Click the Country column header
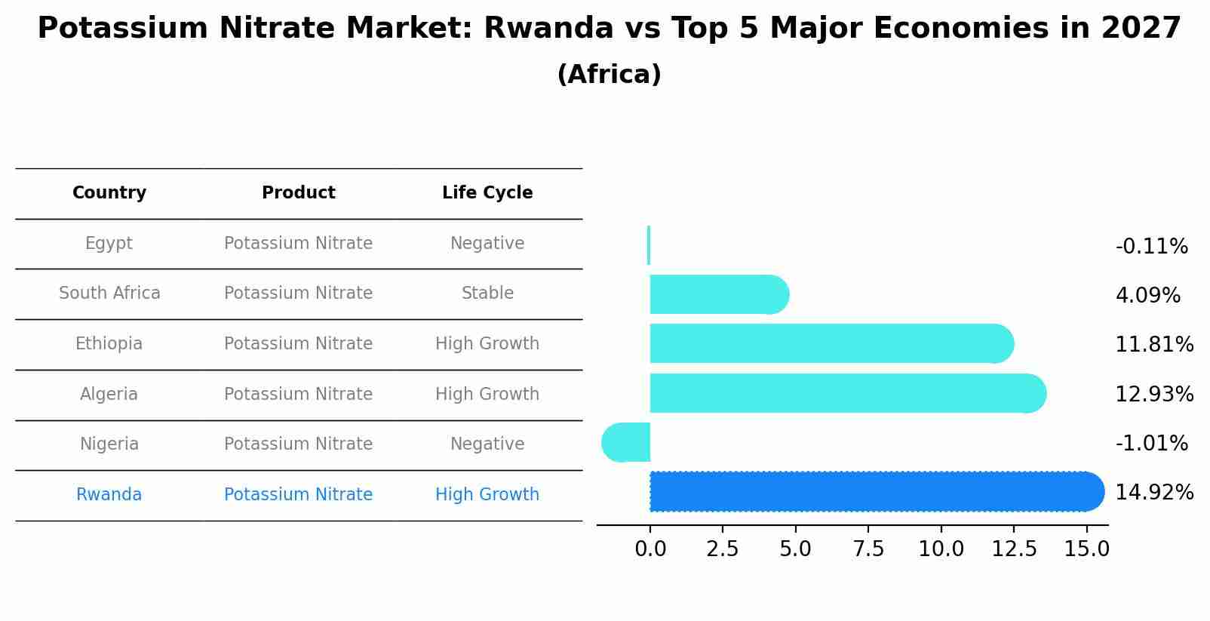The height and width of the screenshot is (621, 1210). (109, 193)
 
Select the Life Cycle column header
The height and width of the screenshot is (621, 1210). (487, 193)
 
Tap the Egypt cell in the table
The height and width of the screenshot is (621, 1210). (109, 244)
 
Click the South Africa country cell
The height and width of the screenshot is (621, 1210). (109, 294)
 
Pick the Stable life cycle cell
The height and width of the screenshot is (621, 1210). (487, 294)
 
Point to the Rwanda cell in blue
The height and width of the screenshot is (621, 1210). (109, 495)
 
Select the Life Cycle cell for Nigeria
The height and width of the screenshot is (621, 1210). (487, 444)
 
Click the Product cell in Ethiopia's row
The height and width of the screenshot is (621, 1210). (298, 344)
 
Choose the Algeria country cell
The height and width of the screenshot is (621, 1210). (109, 395)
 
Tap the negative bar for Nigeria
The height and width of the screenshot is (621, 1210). (627, 443)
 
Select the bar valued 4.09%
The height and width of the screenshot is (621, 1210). (717, 295)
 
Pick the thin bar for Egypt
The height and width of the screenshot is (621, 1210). (649, 246)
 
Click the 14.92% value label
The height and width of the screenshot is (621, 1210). (1154, 493)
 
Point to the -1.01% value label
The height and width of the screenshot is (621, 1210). (1151, 444)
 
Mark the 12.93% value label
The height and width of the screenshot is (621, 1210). (1154, 395)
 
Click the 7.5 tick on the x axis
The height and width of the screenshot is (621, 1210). (868, 549)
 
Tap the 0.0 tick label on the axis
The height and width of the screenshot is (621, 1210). (650, 549)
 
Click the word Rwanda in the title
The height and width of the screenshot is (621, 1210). (548, 29)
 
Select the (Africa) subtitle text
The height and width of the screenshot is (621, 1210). (609, 75)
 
